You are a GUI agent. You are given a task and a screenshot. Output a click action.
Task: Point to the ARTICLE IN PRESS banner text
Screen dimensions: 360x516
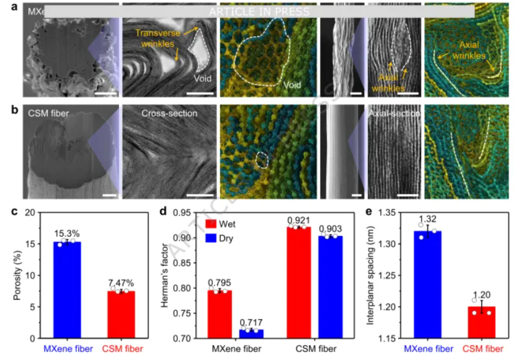click(x=259, y=12)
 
